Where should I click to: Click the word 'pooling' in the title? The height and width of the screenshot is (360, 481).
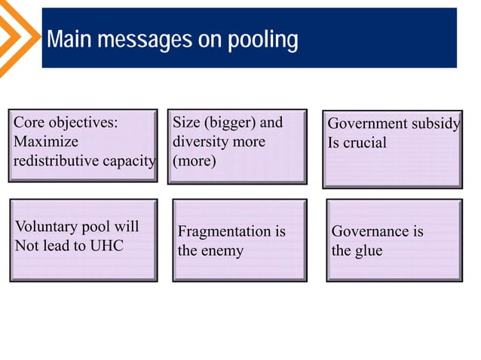263,39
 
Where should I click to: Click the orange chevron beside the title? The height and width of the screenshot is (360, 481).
17,38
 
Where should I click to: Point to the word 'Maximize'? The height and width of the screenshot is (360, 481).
46,142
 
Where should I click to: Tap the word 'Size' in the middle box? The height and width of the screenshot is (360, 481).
186,123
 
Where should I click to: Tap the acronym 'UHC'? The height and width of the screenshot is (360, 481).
108,245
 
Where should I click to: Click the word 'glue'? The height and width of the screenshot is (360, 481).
368,250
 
